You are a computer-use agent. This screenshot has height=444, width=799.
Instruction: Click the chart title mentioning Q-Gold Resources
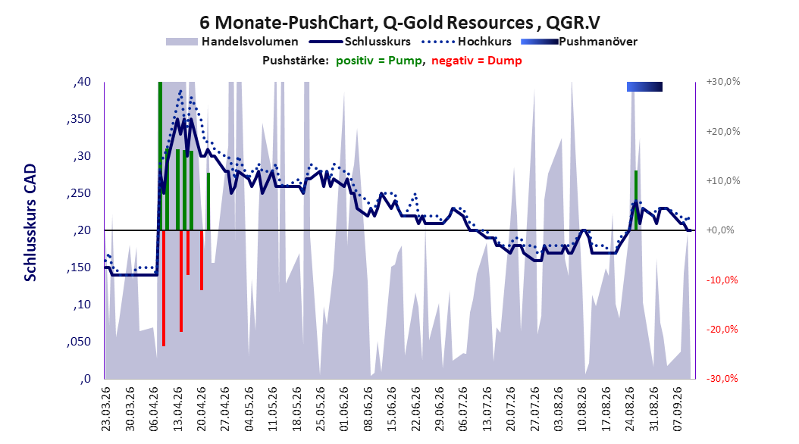pyautogui.click(x=399, y=23)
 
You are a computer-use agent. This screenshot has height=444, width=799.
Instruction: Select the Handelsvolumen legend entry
pyautogui.click(x=233, y=42)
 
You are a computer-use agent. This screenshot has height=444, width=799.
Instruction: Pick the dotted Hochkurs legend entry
pyautogui.click(x=465, y=42)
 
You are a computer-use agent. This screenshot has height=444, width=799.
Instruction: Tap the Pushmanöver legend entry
pyautogui.click(x=579, y=42)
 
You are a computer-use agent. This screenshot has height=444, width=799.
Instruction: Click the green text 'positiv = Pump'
pyautogui.click(x=379, y=61)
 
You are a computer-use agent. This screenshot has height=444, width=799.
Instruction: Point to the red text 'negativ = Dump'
pyautogui.click(x=477, y=61)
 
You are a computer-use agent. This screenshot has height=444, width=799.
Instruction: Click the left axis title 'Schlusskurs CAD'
pyautogui.click(x=30, y=223)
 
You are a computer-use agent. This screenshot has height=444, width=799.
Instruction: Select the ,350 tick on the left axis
pyautogui.click(x=79, y=119)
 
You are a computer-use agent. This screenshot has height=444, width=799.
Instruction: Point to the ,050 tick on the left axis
pyautogui.click(x=79, y=342)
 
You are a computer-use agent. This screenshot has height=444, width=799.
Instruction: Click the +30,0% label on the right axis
pyautogui.click(x=723, y=82)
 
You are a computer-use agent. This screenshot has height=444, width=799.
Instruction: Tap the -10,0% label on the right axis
pyautogui.click(x=722, y=280)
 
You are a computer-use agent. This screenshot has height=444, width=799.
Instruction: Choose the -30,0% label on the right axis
pyautogui.click(x=722, y=379)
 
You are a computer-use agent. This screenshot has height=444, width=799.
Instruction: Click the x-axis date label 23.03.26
pyautogui.click(x=106, y=409)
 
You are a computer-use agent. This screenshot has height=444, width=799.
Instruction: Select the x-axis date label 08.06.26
pyautogui.click(x=368, y=409)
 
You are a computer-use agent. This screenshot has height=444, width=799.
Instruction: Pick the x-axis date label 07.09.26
pyautogui.click(x=678, y=409)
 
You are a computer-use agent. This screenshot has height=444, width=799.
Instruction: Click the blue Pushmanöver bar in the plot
pyautogui.click(x=644, y=86)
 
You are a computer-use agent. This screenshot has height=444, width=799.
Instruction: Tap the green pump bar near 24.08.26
pyautogui.click(x=636, y=200)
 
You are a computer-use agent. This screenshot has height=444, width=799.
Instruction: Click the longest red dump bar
pyautogui.click(x=164, y=288)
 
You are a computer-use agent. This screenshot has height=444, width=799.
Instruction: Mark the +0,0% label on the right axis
pyautogui.click(x=720, y=230)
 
